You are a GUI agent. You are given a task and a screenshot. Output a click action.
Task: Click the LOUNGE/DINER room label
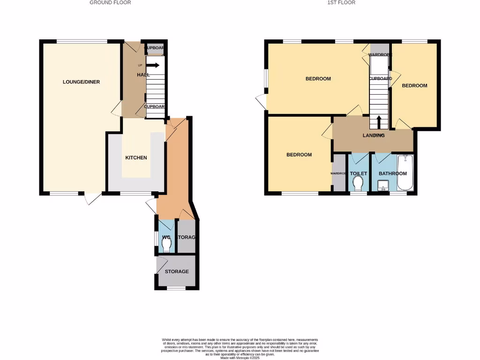point(81,82)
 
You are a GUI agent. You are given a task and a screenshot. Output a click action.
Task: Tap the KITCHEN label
point(136,157)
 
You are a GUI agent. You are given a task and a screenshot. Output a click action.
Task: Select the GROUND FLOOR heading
point(110,2)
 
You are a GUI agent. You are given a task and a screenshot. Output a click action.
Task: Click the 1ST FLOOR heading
point(341,2)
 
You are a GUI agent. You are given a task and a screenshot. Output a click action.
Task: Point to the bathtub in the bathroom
point(405,173)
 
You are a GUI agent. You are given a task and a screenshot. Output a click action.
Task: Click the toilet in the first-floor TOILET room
point(359,183)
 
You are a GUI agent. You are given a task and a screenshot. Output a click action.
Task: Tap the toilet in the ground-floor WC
point(166,245)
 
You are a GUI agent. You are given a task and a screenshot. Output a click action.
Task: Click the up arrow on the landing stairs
point(378,122)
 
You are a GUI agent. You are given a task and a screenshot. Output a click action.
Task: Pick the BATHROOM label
point(393,173)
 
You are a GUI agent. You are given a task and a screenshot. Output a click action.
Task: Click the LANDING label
point(374,135)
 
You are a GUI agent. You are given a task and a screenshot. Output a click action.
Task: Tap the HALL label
point(143,75)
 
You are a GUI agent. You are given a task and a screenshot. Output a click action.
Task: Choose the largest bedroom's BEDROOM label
point(318,79)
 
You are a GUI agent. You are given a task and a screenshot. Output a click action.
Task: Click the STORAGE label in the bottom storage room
point(177,271)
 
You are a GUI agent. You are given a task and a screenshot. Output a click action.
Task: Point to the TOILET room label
point(359,173)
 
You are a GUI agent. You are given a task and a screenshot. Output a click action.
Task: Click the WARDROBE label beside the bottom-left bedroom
point(338,173)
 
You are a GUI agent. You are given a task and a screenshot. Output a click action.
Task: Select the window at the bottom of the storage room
point(177,289)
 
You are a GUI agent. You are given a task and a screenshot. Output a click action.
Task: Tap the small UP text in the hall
point(140,65)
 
